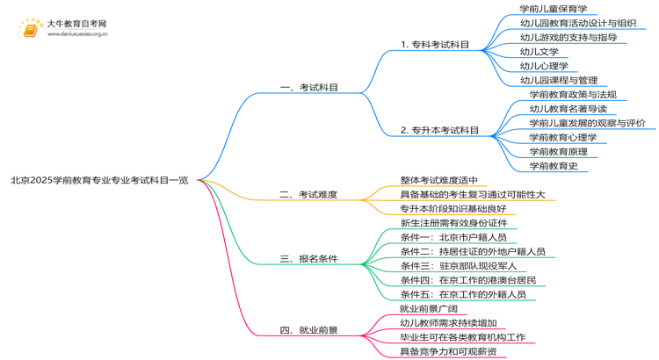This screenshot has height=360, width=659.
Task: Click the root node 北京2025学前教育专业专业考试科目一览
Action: pos(98,180)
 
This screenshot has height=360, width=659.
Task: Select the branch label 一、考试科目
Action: pos(308,88)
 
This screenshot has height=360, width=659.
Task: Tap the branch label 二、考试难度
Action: pos(308,194)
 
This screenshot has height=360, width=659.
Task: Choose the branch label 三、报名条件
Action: pos(308,259)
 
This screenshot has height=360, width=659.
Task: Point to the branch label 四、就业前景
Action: pos(308,330)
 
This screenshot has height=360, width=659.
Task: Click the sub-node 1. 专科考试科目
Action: pos(434,45)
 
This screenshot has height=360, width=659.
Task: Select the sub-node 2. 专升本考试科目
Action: pos(439,130)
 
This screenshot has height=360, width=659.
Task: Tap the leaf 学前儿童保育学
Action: pos(553,10)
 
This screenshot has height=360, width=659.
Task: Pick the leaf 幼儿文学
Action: pos(539,52)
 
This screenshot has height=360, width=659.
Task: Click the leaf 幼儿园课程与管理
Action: pos(559,81)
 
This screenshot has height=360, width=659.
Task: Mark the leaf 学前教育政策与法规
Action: pos(572,95)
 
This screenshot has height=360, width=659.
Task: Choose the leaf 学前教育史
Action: pos(553,165)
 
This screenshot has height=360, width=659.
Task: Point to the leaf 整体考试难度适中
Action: pos(438,180)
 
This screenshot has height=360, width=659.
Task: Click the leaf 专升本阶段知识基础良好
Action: pos(453,208)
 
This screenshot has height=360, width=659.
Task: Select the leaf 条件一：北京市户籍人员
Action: pos(453,237)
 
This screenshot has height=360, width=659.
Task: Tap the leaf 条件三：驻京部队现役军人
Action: pos(458,265)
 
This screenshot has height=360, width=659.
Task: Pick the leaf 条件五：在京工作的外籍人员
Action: pos(463,294)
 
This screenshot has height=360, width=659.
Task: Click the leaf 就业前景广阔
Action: pos(429,309)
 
